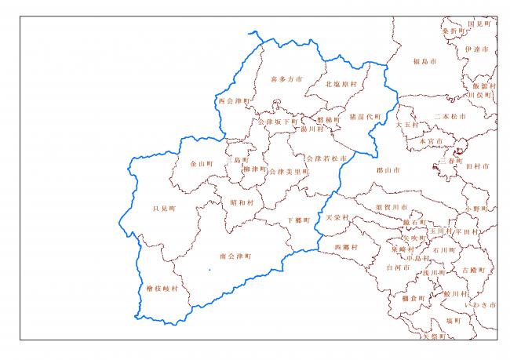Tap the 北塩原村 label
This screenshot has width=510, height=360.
pos(341,84)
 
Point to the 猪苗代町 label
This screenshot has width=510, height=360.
pos(366,117)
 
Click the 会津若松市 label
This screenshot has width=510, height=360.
pos(326,158)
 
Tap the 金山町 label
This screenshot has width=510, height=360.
pos(202,164)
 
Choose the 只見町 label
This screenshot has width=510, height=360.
pos(165,209)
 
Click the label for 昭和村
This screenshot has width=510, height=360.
pos(242,202)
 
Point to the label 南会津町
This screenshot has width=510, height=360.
pos(235,256)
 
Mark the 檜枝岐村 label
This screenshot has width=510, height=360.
pos(162,289)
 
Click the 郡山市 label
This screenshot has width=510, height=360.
pos(388,169)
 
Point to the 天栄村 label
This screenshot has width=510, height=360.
pos(336,217)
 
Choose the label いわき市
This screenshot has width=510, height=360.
pos(480,304)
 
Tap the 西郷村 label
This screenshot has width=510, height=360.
pos(345,247)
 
